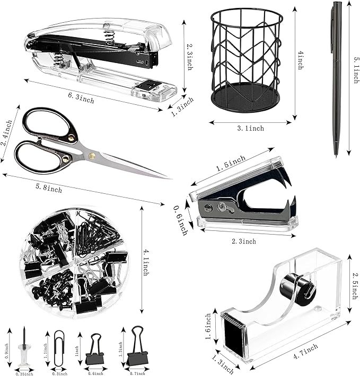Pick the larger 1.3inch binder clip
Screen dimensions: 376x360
(x=136, y=347)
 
